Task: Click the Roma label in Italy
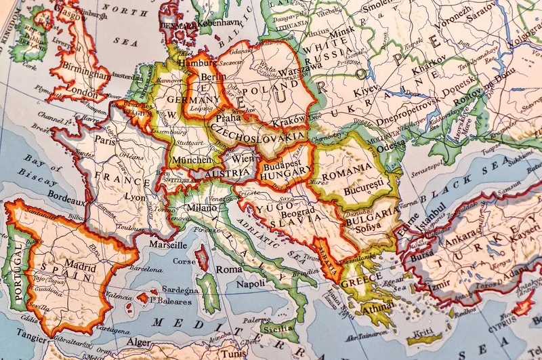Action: (x=228, y=269)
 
